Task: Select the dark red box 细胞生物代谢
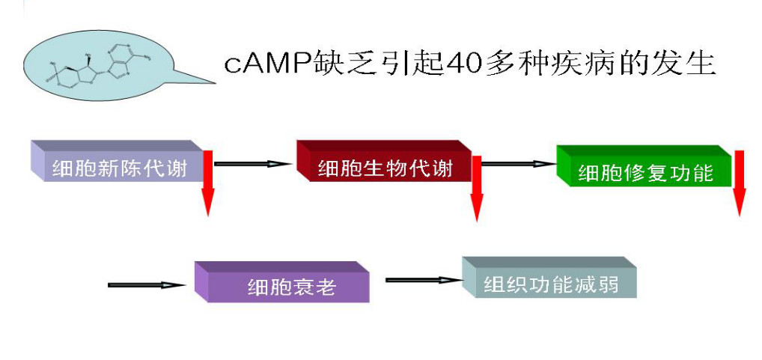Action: click(385, 167)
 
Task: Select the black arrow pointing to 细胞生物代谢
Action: click(252, 163)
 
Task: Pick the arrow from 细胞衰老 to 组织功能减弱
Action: click(424, 280)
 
